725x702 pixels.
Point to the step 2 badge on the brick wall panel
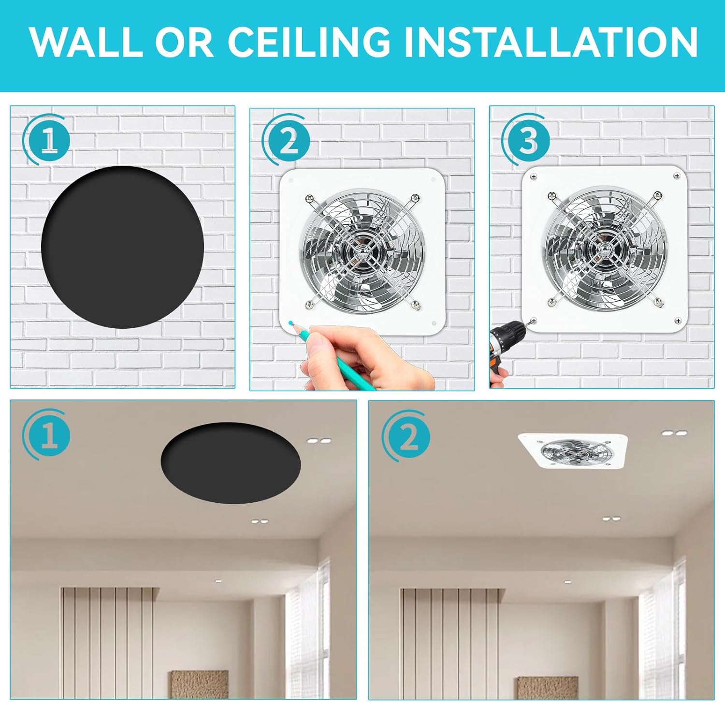click(x=286, y=140)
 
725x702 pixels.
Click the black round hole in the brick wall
click(x=123, y=247)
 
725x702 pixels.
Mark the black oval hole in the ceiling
click(x=231, y=463)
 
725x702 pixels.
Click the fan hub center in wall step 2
click(x=361, y=250)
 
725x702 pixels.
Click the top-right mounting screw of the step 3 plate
click(x=677, y=177)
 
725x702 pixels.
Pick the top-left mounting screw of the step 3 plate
click(x=533, y=176)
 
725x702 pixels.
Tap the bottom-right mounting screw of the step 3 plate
click(x=678, y=321)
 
